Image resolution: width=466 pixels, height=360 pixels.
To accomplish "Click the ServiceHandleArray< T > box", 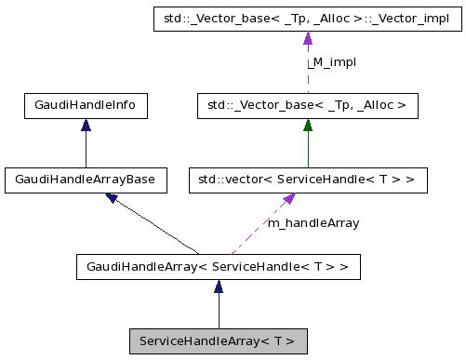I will point(218,340).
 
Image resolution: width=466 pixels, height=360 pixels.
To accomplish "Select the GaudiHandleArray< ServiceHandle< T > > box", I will point(218,269).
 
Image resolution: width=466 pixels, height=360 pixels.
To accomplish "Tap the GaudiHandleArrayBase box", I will point(86,180).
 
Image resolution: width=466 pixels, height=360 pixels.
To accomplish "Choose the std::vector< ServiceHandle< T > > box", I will point(308,180).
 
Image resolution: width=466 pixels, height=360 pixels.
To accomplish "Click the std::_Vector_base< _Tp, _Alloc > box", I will point(308,106).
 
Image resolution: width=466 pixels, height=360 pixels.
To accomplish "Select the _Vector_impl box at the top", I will point(308,19).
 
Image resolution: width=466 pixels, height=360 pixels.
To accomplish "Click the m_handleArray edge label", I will point(313,223).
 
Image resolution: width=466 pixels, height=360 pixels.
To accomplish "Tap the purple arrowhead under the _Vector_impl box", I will point(308,39).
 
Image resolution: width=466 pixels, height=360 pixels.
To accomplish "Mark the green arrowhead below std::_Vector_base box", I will point(308,127).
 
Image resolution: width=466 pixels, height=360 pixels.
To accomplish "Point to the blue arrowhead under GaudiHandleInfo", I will point(86,127).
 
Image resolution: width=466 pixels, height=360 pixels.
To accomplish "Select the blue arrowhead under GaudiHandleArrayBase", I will point(113,198).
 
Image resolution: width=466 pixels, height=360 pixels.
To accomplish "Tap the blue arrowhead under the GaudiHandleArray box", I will point(218,289).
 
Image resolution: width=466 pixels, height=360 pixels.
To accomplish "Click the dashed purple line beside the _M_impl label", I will point(308,70).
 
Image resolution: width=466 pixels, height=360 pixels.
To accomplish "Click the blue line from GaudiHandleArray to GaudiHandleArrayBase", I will point(158,228).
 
